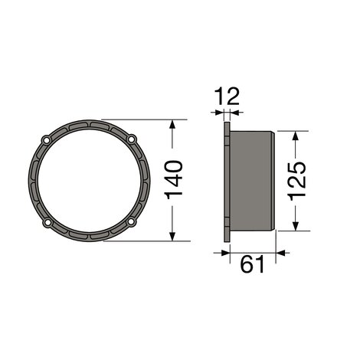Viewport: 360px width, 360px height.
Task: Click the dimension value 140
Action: [174, 180]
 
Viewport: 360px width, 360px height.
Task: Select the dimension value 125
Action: [296, 181]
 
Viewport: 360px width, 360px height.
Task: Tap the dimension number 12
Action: [227, 97]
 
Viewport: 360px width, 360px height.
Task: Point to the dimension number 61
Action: [252, 264]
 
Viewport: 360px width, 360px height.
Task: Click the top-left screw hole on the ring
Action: [46, 140]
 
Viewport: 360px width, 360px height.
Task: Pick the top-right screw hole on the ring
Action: [132, 139]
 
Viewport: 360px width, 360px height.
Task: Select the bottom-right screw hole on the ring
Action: [131, 221]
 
